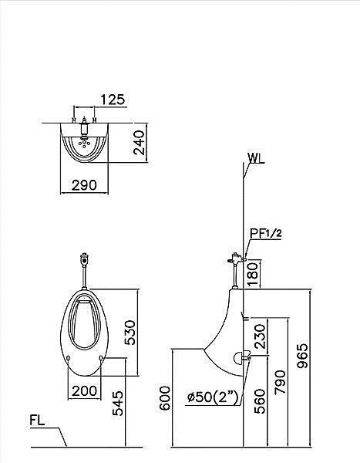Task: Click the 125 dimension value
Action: point(113,100)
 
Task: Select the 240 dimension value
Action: point(140,143)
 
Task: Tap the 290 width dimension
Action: point(84,185)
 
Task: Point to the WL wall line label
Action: point(256,158)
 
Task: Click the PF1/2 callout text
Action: point(266,234)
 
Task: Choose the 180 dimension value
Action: point(253,274)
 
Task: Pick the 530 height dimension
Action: point(130,333)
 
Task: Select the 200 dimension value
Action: point(84,391)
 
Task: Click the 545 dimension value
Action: point(118,403)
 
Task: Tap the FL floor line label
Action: point(37,421)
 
